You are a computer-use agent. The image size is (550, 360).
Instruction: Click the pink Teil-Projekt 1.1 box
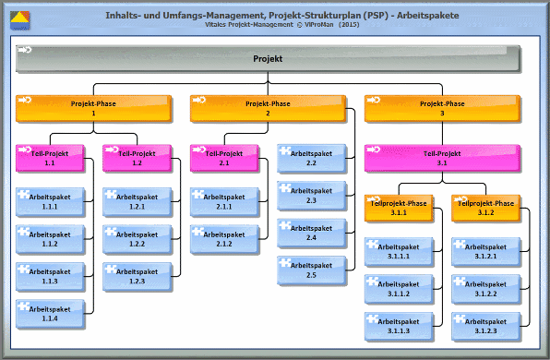pyautogui.click(x=50, y=158)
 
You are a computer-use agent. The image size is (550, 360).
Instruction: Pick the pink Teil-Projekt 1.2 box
pyautogui.click(x=137, y=158)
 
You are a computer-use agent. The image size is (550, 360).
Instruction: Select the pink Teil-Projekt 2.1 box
pyautogui.click(x=224, y=158)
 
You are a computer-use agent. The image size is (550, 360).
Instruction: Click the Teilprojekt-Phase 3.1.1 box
pyautogui.click(x=399, y=207)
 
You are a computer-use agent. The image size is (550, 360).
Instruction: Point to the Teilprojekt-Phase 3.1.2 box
pyautogui.click(x=485, y=207)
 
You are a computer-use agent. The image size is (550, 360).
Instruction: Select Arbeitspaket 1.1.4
pyautogui.click(x=50, y=314)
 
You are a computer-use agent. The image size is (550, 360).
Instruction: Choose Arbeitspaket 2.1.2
pyautogui.click(x=224, y=238)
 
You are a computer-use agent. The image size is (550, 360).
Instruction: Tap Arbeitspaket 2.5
pyautogui.click(x=311, y=270)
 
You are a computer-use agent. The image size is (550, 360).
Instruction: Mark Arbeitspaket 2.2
pyautogui.click(x=311, y=158)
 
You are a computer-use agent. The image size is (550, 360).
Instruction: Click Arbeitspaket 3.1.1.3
pyautogui.click(x=399, y=326)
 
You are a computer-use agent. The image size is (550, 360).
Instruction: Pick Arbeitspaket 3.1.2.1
pyautogui.click(x=485, y=251)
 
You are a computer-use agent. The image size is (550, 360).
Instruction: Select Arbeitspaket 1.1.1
pyautogui.click(x=50, y=201)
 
